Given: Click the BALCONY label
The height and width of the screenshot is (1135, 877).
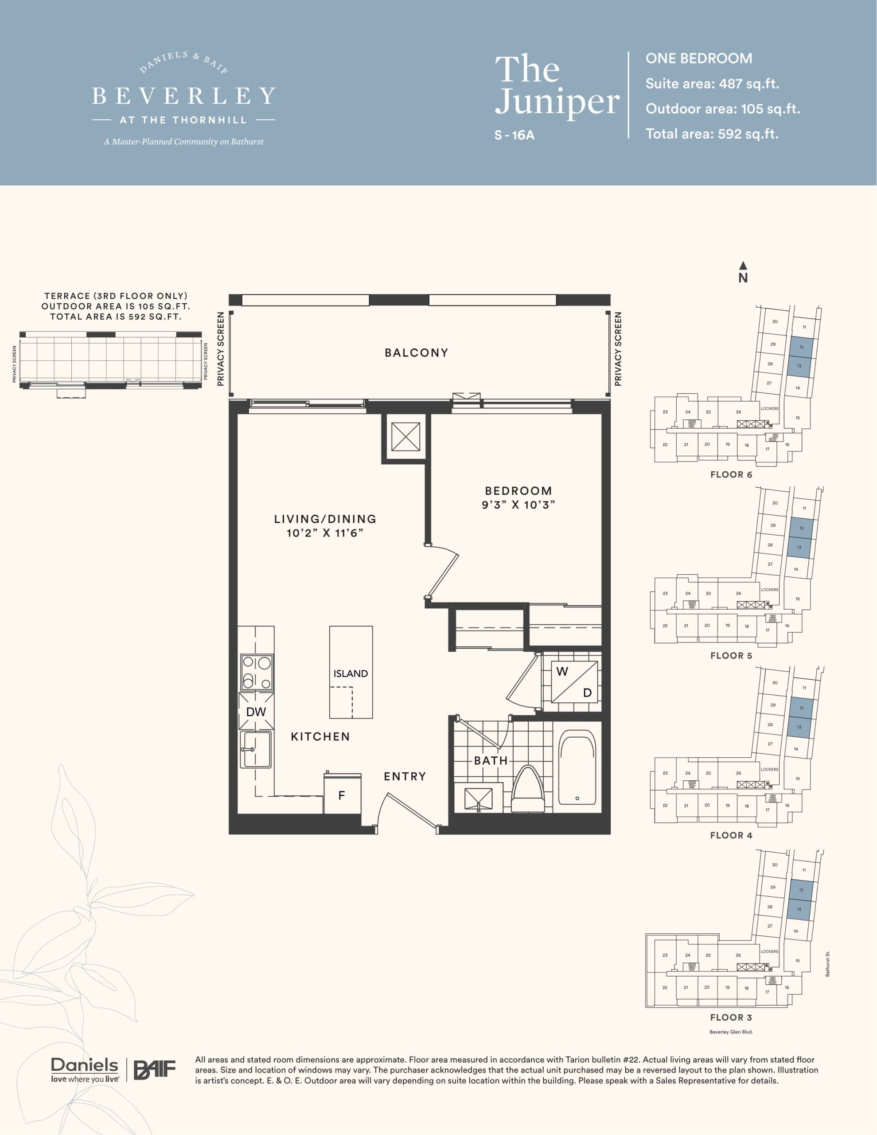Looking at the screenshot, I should [416, 353].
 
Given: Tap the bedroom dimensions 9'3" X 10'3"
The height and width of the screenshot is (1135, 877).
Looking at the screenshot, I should [518, 505].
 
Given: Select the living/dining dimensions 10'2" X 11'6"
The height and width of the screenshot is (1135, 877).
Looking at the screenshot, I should [325, 532].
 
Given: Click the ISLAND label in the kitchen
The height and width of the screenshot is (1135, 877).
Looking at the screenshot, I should [351, 673].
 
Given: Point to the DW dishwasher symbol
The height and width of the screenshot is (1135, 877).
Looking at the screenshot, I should [256, 712].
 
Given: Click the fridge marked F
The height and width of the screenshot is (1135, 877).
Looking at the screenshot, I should [342, 795].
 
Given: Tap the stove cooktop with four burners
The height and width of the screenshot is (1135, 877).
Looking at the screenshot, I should [257, 672].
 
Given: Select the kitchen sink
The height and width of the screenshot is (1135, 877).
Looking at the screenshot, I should [256, 749].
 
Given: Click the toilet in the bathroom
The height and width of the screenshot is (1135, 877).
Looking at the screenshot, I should [528, 790].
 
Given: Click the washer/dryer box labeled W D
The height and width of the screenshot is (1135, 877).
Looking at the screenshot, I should [574, 681].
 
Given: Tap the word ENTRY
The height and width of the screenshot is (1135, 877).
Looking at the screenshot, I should [405, 776].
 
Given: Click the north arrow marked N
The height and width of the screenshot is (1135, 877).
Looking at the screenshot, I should [743, 272].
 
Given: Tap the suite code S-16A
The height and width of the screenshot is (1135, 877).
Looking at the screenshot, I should [515, 135].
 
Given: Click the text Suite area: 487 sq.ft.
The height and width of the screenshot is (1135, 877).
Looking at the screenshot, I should [712, 84].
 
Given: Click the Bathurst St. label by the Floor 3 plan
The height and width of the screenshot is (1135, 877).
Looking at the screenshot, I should [828, 963].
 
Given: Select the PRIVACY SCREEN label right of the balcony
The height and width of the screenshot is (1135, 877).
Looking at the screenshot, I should [618, 349].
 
